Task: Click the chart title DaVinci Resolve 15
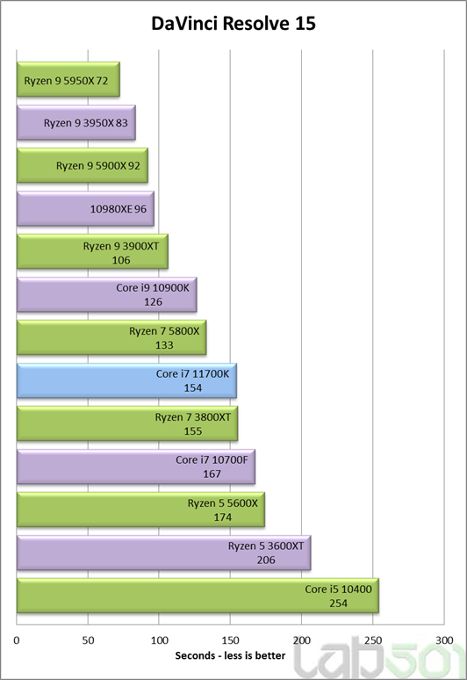click(233, 24)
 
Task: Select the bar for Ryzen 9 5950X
click(68, 79)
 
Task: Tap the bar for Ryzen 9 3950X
click(75, 122)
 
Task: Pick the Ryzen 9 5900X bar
click(83, 165)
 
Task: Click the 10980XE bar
click(85, 208)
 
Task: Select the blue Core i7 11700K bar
click(126, 380)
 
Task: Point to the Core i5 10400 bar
click(198, 596)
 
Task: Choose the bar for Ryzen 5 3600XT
click(164, 553)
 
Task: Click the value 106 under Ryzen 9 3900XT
click(121, 260)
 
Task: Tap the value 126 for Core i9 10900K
click(153, 302)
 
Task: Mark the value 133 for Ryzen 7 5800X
click(164, 345)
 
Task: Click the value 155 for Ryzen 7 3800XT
click(193, 431)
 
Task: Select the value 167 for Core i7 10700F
click(212, 474)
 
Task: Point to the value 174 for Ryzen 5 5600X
click(223, 517)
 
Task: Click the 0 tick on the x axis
click(17, 640)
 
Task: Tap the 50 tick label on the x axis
click(88, 640)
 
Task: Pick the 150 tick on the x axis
click(230, 640)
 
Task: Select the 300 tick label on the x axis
click(444, 640)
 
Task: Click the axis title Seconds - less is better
click(230, 655)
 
